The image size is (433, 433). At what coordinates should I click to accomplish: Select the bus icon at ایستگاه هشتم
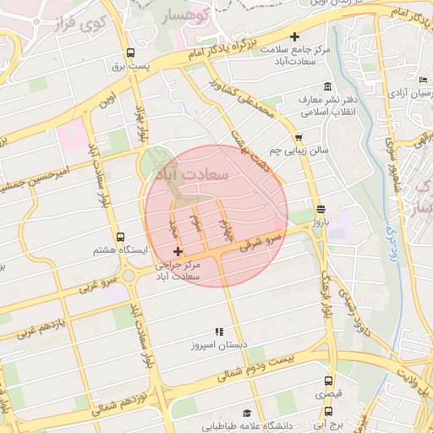[119, 238]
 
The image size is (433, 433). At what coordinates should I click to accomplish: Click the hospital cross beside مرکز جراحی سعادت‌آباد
[177, 251]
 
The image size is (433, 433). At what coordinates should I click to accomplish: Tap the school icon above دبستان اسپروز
[220, 331]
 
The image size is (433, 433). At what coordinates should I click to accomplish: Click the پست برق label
[131, 65]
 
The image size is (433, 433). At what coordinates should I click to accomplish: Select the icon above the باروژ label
[319, 209]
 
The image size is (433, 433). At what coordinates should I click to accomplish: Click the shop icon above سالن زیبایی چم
[298, 137]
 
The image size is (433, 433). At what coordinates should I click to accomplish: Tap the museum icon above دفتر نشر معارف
[327, 86]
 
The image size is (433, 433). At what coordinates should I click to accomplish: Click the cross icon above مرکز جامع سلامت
[294, 36]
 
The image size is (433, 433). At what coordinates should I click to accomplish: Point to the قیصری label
[327, 395]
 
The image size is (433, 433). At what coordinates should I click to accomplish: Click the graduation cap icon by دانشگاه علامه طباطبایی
[247, 414]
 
